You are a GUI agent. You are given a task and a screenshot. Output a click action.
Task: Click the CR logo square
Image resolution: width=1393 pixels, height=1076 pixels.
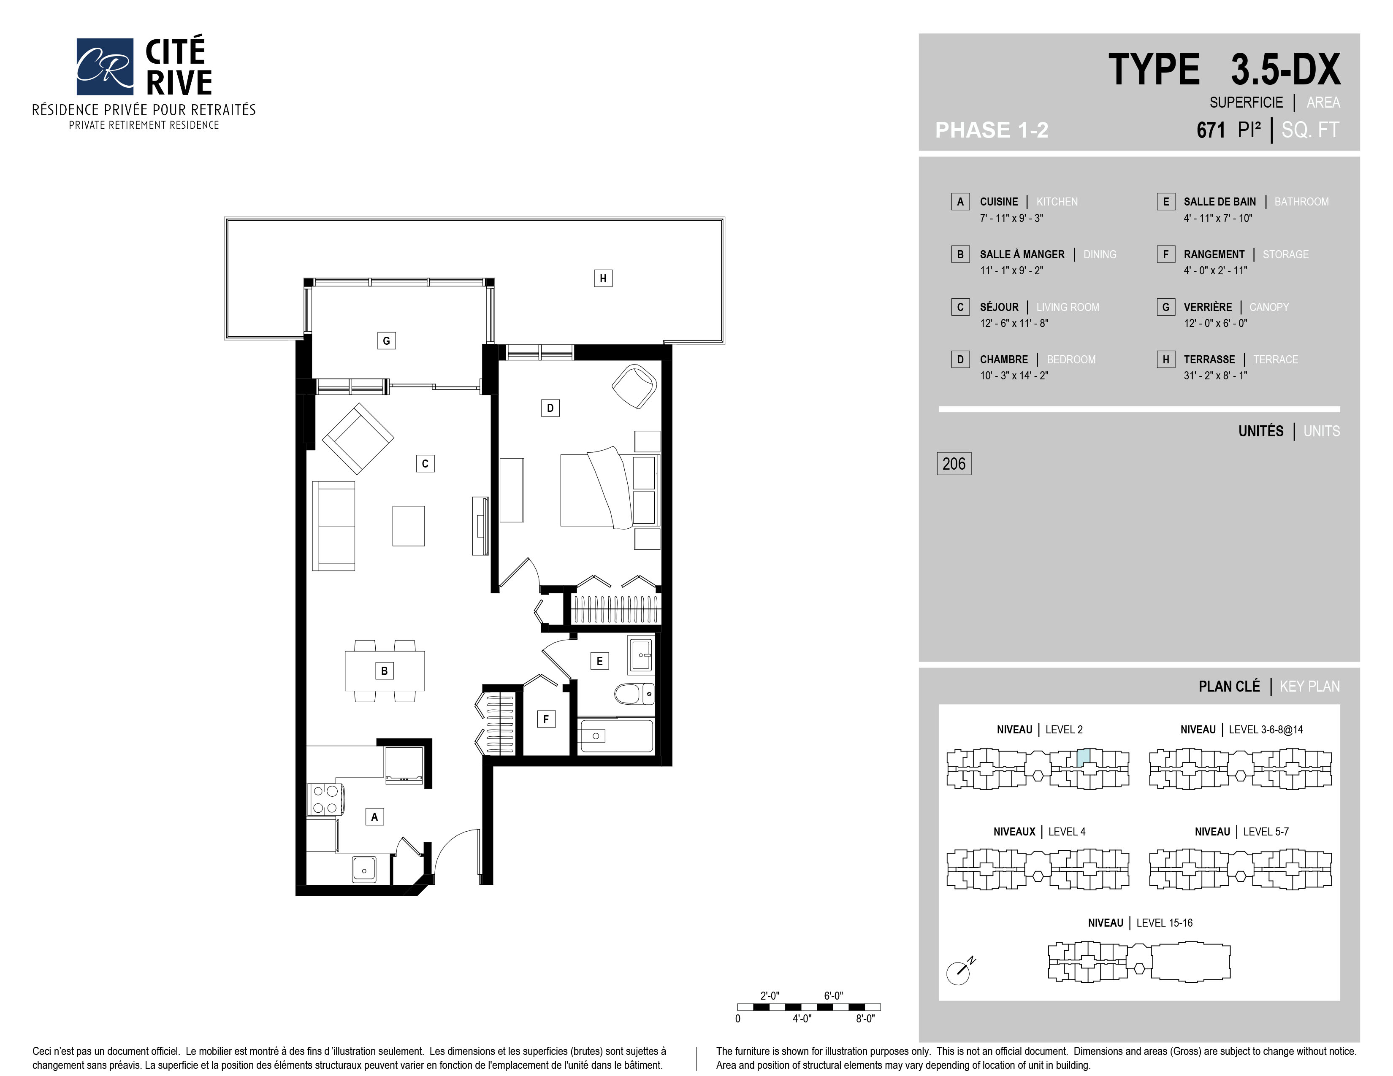click(x=105, y=66)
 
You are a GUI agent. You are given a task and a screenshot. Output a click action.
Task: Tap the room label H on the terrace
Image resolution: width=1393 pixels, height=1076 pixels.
click(x=603, y=278)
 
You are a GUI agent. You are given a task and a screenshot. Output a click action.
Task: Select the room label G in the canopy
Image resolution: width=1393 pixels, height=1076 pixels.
click(x=386, y=341)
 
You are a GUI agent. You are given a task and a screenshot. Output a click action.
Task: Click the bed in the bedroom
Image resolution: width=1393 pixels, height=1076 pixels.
click(x=597, y=488)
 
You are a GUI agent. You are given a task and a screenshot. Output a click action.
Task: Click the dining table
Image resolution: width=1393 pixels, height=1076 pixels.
click(x=385, y=670)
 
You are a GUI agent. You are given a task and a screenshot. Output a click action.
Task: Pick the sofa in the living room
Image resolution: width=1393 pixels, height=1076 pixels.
click(x=333, y=526)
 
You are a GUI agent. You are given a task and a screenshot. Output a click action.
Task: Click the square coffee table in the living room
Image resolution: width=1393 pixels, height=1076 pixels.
click(x=408, y=526)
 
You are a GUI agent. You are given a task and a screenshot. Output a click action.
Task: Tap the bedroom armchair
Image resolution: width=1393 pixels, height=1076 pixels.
click(x=634, y=386)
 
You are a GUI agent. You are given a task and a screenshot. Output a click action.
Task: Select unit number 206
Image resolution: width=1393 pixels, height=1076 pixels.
click(x=954, y=463)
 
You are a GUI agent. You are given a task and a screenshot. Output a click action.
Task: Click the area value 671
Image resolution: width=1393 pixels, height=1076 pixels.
click(x=1211, y=130)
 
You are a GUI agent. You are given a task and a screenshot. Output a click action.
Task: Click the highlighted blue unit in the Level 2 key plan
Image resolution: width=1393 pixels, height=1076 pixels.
click(x=1083, y=757)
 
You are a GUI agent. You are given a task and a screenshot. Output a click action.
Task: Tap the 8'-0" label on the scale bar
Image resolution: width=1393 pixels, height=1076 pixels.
click(x=865, y=1019)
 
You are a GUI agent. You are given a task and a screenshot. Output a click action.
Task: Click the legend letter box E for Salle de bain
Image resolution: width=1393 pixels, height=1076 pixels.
click(x=1165, y=201)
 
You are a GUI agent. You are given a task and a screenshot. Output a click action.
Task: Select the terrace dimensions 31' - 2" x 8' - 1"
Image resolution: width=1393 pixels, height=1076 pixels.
click(x=1215, y=376)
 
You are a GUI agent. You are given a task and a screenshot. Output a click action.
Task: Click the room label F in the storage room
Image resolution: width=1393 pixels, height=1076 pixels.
click(x=546, y=719)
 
